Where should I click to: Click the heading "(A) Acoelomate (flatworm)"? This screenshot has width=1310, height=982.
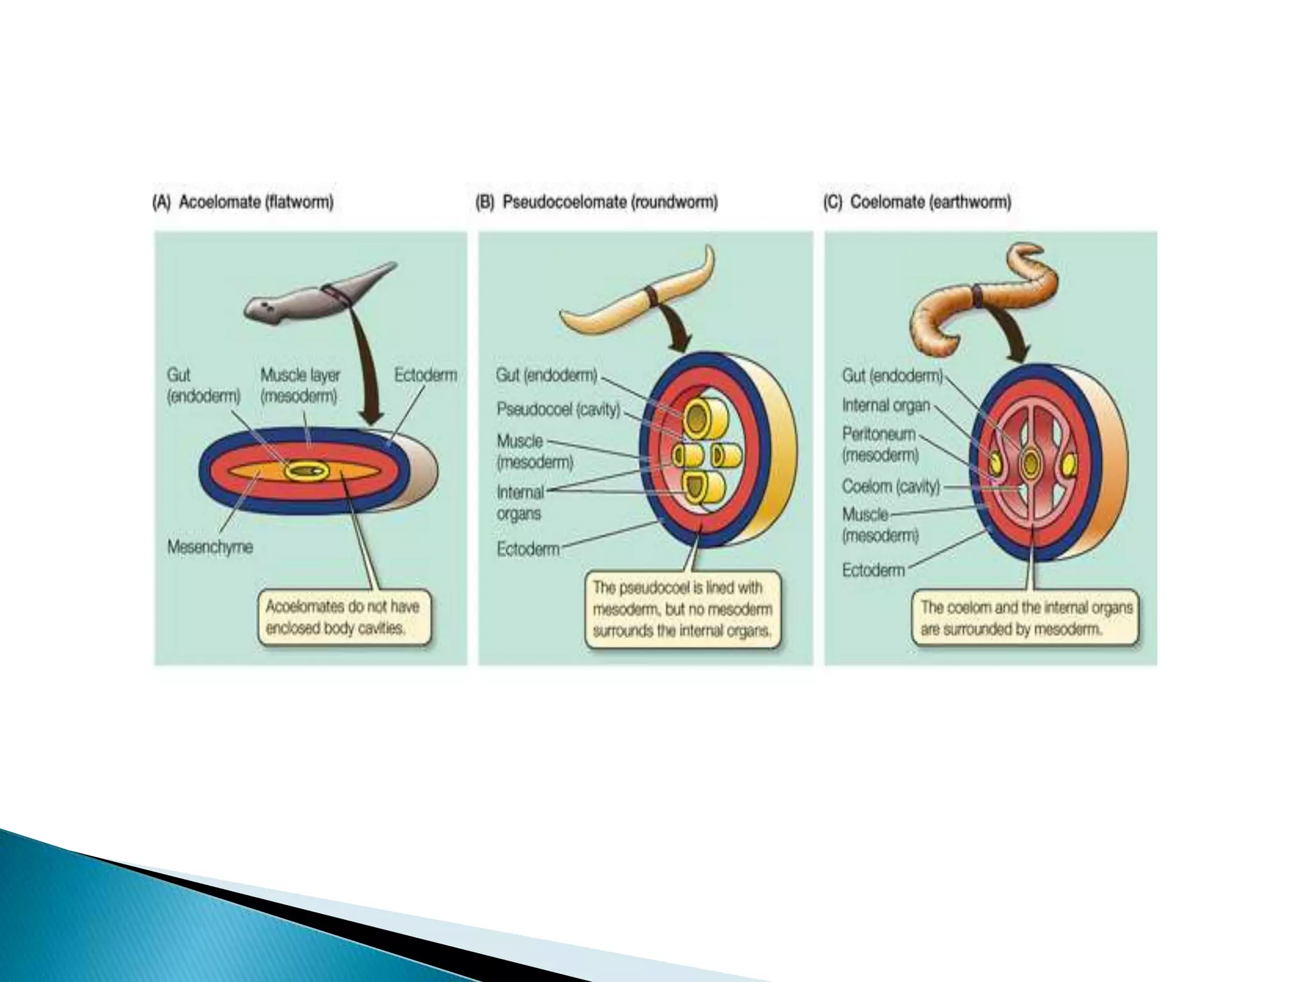(x=243, y=203)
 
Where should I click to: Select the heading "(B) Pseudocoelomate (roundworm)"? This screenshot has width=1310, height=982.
(x=596, y=203)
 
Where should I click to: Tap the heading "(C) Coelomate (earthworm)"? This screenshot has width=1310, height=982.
(x=917, y=203)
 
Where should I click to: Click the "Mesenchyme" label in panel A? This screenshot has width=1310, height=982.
(x=210, y=547)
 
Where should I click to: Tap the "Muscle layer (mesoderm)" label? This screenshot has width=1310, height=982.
(x=299, y=386)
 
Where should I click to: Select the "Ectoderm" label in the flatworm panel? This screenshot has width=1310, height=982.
(x=425, y=375)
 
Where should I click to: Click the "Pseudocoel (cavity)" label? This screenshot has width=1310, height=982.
(x=558, y=409)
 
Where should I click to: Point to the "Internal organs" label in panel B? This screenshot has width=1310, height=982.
(x=519, y=503)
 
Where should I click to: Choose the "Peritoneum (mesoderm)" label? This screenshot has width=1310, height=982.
(x=880, y=444)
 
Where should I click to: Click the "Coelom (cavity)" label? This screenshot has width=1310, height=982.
(x=890, y=487)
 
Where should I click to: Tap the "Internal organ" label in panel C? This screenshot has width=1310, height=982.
(x=885, y=405)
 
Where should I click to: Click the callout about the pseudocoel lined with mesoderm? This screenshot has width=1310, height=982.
(x=682, y=609)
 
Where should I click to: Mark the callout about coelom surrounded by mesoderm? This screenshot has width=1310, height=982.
(x=1025, y=618)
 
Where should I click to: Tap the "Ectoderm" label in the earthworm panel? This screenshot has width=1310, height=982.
(x=873, y=570)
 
